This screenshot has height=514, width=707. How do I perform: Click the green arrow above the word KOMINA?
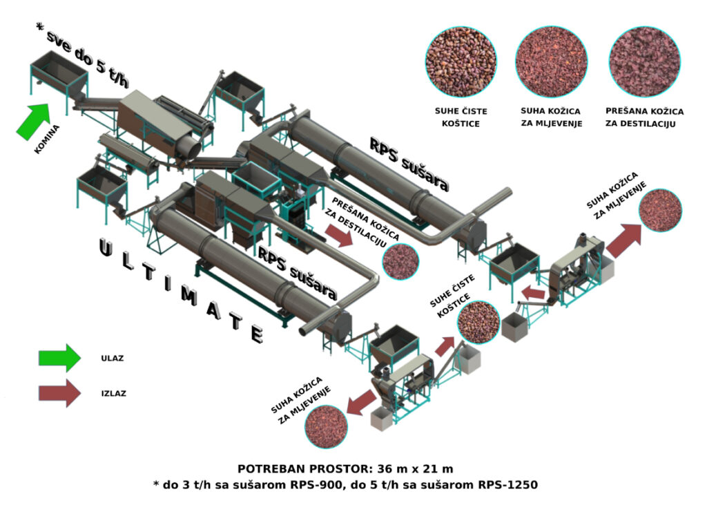click(x=33, y=122)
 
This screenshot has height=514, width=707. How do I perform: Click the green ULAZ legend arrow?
click(x=59, y=358)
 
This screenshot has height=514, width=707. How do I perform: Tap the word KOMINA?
click(x=47, y=140)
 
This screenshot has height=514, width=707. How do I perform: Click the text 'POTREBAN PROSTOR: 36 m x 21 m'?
click(x=345, y=468)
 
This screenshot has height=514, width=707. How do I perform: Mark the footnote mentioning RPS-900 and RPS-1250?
click(x=345, y=485)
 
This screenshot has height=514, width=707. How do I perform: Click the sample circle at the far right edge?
click(x=660, y=210)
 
